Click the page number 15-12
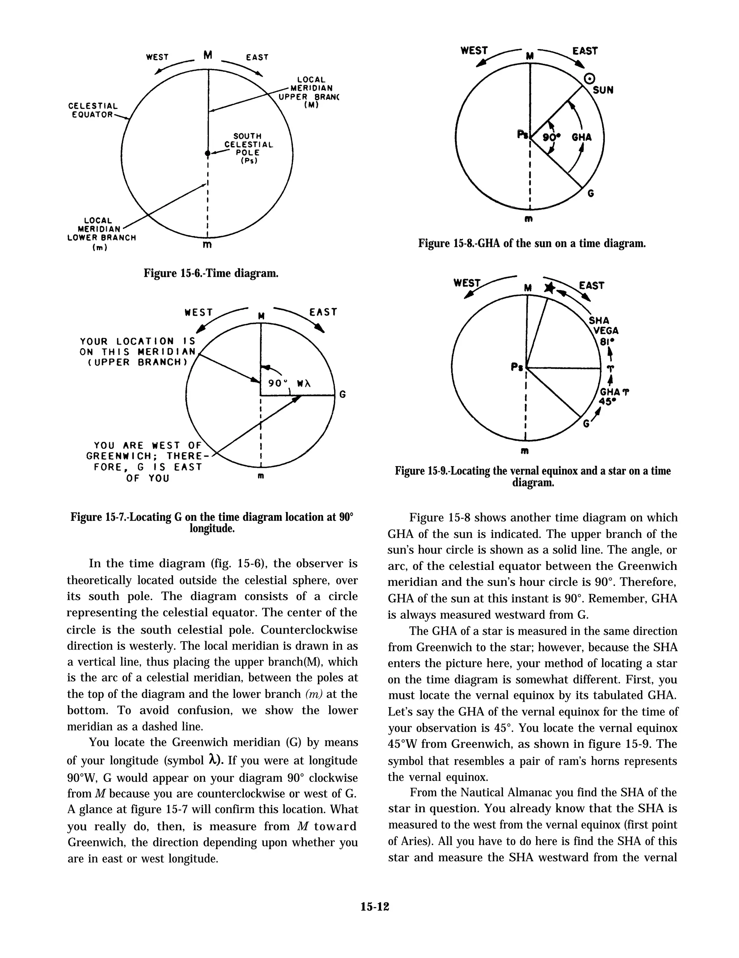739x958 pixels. click(x=375, y=907)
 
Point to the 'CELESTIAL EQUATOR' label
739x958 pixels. click(x=93, y=110)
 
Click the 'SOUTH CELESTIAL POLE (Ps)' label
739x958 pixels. click(x=248, y=148)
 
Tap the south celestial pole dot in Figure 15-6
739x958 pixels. click(x=207, y=153)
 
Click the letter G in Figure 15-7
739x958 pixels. click(x=343, y=394)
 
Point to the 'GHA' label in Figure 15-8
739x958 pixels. click(x=582, y=137)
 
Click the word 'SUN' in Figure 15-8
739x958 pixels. click(x=603, y=90)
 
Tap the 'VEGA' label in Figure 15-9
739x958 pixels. click(x=606, y=331)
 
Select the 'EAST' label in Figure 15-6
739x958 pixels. click(x=257, y=57)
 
